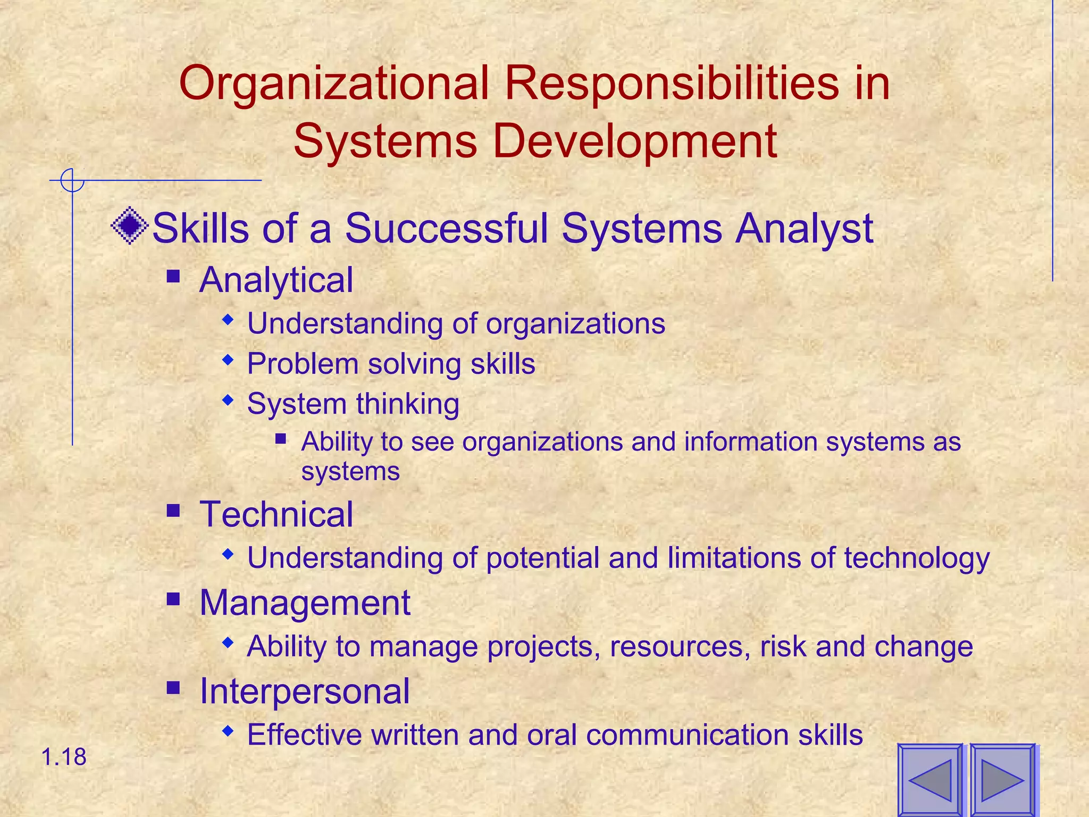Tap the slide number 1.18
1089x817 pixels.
(x=63, y=757)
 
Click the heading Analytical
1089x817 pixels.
(x=276, y=280)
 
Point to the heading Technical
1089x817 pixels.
(x=276, y=514)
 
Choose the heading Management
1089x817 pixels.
(x=305, y=603)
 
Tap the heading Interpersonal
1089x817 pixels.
(x=304, y=691)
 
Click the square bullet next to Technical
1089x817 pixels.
(x=173, y=511)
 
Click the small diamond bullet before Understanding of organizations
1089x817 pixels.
(x=228, y=320)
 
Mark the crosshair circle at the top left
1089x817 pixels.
(x=72, y=180)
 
